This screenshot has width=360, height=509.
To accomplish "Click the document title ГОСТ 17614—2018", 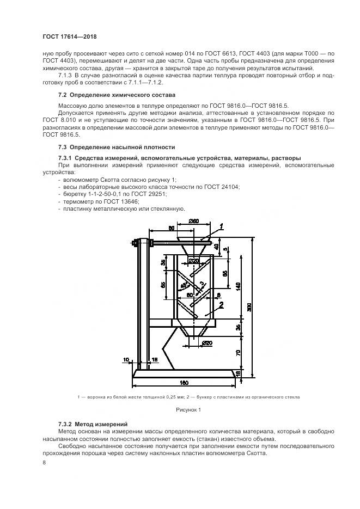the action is point(70,36).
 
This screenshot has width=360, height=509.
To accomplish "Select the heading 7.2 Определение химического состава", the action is point(117,95).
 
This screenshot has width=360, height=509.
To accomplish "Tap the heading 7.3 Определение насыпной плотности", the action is point(117,147).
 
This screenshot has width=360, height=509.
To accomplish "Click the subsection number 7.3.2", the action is point(65,424).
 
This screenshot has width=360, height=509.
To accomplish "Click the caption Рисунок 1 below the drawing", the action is point(188,410).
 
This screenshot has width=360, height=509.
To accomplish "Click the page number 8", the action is point(44,463).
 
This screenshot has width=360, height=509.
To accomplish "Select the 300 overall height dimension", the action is point(249,308).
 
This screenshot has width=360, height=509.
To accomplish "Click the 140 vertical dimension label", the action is point(238,287).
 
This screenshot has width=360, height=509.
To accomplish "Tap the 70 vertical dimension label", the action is point(238,353).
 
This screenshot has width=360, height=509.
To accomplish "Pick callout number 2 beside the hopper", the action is point(221,304).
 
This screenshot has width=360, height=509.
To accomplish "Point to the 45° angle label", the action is point(184,285).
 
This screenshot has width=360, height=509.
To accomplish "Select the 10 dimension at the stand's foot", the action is point(126,359).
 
